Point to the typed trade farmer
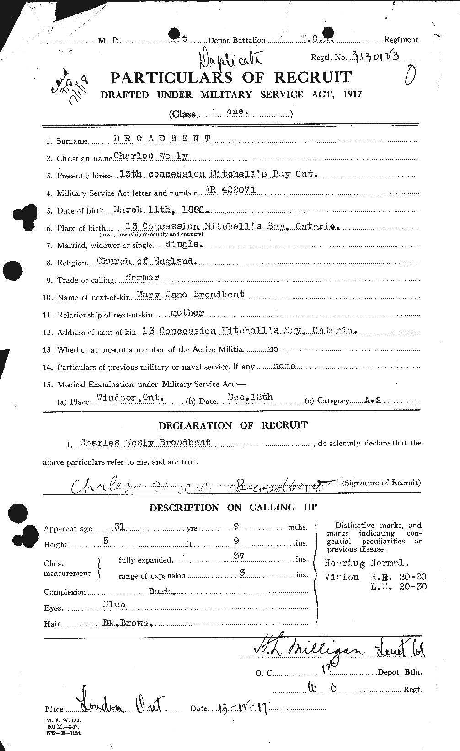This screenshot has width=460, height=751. [143, 278]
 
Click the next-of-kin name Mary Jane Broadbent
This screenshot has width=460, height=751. [191, 295]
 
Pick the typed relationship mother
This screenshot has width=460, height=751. [187, 313]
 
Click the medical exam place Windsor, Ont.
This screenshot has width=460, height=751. [129, 398]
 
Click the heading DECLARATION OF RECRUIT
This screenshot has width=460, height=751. [233, 425]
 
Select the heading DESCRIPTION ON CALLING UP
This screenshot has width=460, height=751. [233, 508]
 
